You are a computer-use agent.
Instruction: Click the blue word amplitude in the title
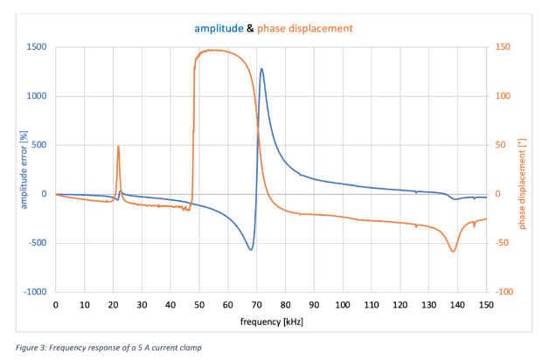218,28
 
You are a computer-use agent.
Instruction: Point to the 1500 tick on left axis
36,47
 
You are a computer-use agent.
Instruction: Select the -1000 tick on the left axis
34,292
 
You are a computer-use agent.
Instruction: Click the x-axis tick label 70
257,305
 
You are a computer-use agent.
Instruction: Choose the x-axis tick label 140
457,305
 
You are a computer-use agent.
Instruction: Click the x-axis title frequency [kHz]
271,322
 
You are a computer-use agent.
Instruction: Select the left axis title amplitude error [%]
11,170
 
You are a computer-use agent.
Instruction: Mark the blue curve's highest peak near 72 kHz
261,69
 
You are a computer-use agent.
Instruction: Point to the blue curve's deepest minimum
251,250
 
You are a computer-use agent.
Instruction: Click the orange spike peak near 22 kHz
118,146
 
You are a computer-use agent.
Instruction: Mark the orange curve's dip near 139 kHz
453,252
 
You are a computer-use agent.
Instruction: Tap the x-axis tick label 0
56,305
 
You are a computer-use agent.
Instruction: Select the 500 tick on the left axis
38,145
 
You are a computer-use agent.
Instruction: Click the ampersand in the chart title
250,28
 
